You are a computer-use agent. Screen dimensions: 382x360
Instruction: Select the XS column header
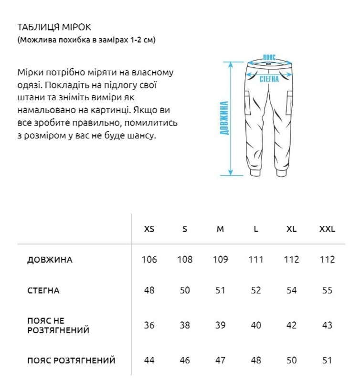[x=149, y=229]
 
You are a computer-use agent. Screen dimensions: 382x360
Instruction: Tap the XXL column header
[x=327, y=229]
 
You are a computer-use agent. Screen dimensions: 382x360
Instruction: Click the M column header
[x=220, y=229]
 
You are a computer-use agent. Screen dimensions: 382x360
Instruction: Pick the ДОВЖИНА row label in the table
[x=50, y=260]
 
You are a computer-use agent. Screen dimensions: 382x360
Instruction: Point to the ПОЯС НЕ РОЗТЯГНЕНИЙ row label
[x=59, y=325]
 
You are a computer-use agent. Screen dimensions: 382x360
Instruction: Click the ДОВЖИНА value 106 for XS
[x=149, y=260]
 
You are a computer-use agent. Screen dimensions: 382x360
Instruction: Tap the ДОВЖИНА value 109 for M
[x=220, y=260]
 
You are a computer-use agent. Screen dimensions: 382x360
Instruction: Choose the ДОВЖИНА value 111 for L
[x=256, y=260]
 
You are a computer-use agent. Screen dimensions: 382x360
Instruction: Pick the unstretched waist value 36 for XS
[x=149, y=325]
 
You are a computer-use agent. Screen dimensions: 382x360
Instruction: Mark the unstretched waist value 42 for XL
[x=291, y=325]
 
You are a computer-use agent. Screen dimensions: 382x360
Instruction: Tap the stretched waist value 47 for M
[x=220, y=361]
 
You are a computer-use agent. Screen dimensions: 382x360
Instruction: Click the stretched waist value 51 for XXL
[x=327, y=361]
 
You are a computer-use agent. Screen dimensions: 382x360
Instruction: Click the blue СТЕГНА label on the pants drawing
[x=269, y=79]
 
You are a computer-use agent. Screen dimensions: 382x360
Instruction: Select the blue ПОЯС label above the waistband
[x=270, y=57]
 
